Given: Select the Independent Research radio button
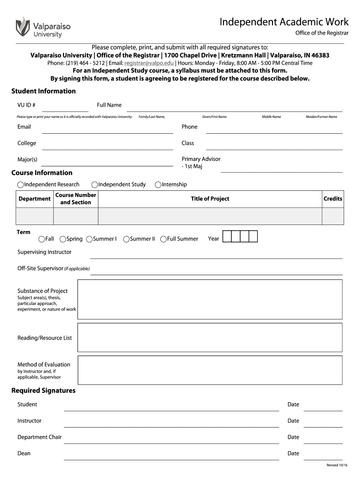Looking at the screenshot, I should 21,185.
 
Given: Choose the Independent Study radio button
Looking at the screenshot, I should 95,185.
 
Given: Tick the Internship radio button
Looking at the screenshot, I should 158,185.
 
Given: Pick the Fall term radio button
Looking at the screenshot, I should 42,239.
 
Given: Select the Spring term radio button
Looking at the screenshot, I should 63,239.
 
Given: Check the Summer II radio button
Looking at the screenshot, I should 126,239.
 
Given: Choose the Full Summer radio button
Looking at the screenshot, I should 164,239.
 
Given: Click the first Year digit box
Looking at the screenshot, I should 227,237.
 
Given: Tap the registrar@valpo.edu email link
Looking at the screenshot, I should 149,63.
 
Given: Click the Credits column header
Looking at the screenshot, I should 333,199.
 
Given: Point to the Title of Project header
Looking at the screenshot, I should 210,199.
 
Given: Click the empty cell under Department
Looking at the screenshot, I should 35,216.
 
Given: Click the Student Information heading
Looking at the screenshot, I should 43,91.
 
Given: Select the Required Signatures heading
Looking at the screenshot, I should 43,391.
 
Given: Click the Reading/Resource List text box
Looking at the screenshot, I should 209,337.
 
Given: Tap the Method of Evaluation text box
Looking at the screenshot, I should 209,370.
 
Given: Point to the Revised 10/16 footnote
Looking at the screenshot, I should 337,465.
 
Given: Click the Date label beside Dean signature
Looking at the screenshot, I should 293,453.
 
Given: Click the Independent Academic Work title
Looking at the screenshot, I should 284,22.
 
